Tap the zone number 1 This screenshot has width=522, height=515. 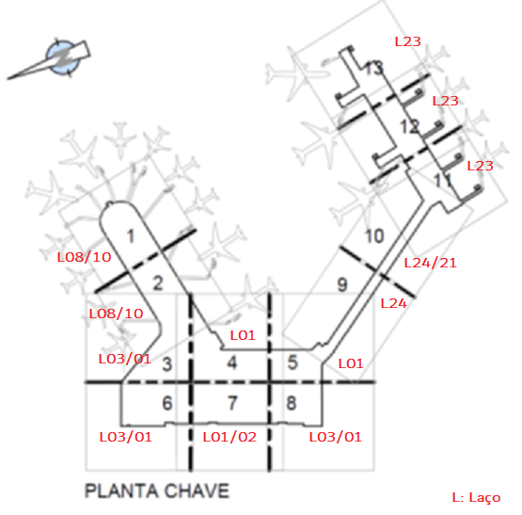(131, 236)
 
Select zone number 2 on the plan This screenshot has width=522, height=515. (158, 283)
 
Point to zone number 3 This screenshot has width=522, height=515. (167, 364)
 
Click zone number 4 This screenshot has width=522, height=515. (232, 362)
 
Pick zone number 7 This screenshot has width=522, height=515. (232, 403)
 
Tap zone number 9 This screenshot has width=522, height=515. (342, 285)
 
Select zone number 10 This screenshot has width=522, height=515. (375, 236)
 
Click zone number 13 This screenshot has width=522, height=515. (373, 68)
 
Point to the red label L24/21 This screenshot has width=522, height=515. (430, 263)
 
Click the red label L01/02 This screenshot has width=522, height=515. (229, 437)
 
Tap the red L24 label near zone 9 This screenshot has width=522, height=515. (393, 303)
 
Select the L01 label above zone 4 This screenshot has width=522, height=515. (243, 335)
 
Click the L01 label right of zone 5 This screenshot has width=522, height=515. (351, 363)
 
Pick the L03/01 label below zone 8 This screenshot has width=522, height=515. (335, 437)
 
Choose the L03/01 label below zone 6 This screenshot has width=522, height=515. (125, 437)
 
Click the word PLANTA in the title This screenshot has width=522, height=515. (121, 491)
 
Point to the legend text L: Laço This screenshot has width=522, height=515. (477, 497)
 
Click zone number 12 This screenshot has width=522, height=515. (409, 127)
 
